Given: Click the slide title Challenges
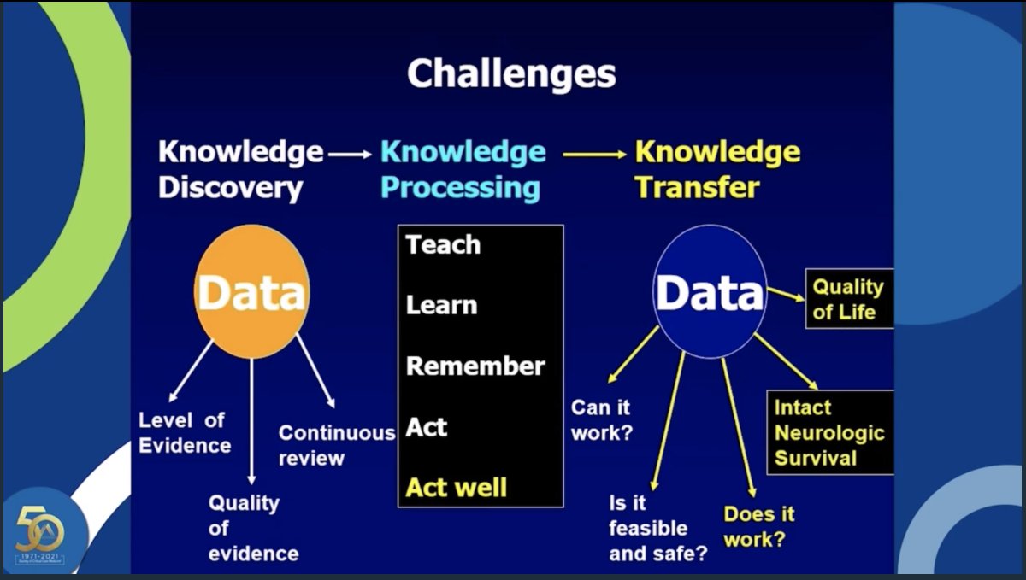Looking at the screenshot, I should [511, 74].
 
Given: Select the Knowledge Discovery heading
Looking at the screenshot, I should [240, 170].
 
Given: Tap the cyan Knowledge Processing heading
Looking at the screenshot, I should [463, 170].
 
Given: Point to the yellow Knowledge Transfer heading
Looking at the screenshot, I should [716, 170].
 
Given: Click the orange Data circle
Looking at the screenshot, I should [251, 292].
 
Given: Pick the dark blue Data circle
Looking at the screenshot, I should [709, 292].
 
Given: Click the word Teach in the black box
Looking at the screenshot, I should [443, 245].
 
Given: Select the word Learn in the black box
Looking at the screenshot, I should [441, 305].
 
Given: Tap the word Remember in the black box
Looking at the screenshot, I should [475, 366].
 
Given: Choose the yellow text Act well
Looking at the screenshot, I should [456, 488].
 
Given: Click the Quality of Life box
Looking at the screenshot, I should [848, 299].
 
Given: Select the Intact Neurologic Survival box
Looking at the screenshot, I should [829, 432].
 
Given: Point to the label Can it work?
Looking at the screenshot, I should [601, 420].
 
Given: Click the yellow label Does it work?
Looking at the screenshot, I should [758, 526].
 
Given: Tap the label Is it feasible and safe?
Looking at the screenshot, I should [657, 528].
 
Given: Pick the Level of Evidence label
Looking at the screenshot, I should [184, 432].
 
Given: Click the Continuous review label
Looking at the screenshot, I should [336, 445].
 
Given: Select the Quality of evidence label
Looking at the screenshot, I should [253, 528].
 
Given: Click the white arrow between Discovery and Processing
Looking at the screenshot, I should [351, 155].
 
